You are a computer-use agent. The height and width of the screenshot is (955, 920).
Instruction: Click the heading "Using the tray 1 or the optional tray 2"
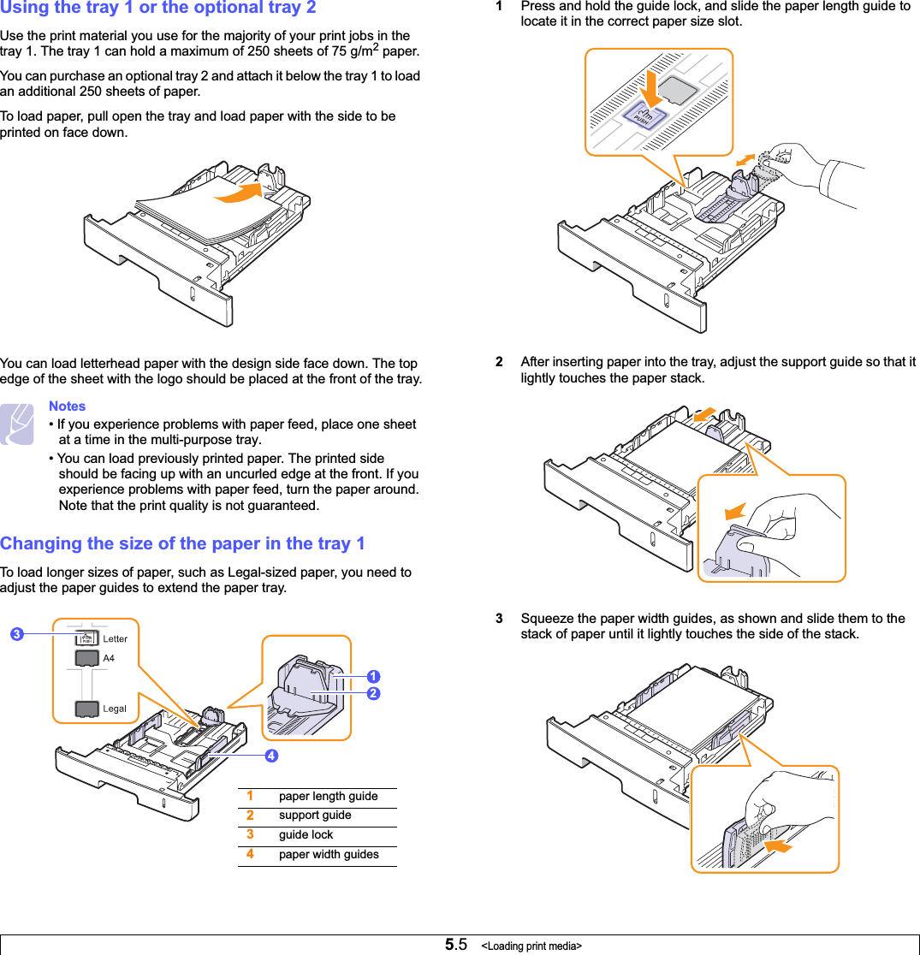point(158,9)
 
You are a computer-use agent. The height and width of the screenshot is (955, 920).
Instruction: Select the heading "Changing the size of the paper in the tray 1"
point(182,543)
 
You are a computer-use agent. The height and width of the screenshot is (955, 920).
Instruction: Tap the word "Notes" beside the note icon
point(67,406)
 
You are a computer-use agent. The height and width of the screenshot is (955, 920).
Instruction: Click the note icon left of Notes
point(17,424)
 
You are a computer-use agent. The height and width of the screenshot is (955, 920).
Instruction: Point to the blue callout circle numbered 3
point(16,634)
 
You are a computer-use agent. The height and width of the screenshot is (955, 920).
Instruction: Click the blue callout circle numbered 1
point(373,677)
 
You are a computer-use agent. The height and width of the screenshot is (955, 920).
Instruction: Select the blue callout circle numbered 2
point(373,693)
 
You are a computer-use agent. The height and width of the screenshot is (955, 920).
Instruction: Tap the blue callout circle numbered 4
point(270,756)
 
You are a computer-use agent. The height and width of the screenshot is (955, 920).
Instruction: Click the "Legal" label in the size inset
point(115,709)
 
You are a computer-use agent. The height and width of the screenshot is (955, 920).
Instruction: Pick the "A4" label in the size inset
point(109,658)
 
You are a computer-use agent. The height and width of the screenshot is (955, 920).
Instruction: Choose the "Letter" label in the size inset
point(116,638)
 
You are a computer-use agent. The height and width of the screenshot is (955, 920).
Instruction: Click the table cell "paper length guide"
point(328,797)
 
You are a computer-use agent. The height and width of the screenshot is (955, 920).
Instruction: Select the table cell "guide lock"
point(306,835)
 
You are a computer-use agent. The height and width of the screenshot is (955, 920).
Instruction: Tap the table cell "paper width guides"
point(329,855)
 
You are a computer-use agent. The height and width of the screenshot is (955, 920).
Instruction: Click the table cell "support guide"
point(315,816)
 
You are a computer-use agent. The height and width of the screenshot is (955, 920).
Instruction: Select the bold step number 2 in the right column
point(500,362)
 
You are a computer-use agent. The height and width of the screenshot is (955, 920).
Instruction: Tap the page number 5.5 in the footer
point(455,945)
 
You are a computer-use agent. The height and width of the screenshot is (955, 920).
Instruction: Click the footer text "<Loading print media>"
point(531,946)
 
